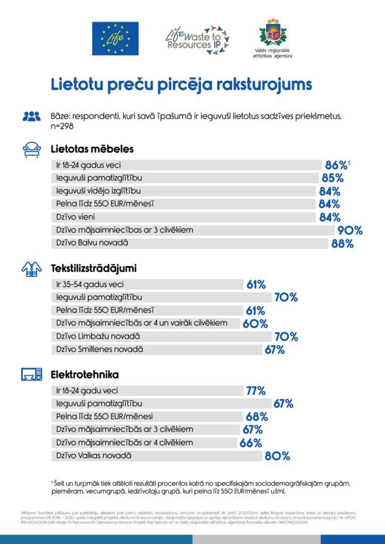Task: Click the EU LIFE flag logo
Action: tap(115, 38)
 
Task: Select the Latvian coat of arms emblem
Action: tap(273, 33)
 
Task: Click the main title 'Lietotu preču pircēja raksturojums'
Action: tap(181, 85)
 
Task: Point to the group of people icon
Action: tap(31, 116)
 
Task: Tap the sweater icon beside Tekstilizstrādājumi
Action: tap(31, 269)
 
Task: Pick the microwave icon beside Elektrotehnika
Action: tap(31, 374)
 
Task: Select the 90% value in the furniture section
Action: tap(350, 231)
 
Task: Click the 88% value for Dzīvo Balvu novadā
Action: tap(342, 244)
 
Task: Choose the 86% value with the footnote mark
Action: tap(336, 165)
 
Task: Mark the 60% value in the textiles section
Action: tap(255, 324)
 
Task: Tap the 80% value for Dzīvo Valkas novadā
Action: tap(278, 456)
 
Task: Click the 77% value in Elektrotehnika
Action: tap(255, 391)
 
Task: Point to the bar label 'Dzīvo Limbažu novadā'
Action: tap(98, 336)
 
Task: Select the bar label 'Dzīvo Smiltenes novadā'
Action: tap(100, 349)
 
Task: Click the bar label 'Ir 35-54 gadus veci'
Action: tap(90, 284)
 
